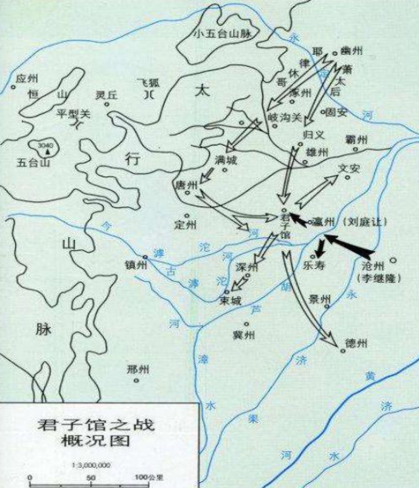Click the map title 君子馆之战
tap(96, 425)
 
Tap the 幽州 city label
tap(352, 51)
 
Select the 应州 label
tap(27, 79)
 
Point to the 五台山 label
tap(33, 162)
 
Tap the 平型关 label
tap(74, 113)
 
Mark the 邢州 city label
tap(138, 370)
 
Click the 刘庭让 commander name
tap(364, 222)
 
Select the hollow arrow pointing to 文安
tap(317, 191)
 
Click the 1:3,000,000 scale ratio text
tap(91, 465)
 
